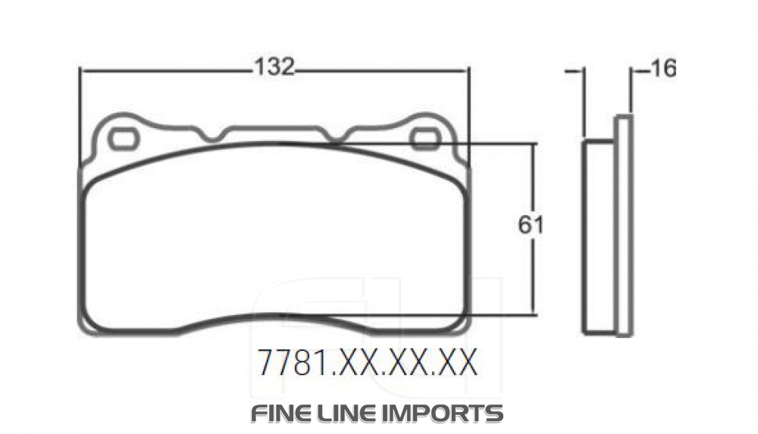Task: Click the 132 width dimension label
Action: point(274,67)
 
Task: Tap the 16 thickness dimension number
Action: point(662,69)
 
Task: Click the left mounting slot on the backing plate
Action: point(122,138)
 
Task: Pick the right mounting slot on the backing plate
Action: point(425,138)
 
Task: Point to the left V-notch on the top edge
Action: point(213,137)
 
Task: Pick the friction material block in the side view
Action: point(598,235)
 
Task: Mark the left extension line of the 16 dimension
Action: point(582,98)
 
